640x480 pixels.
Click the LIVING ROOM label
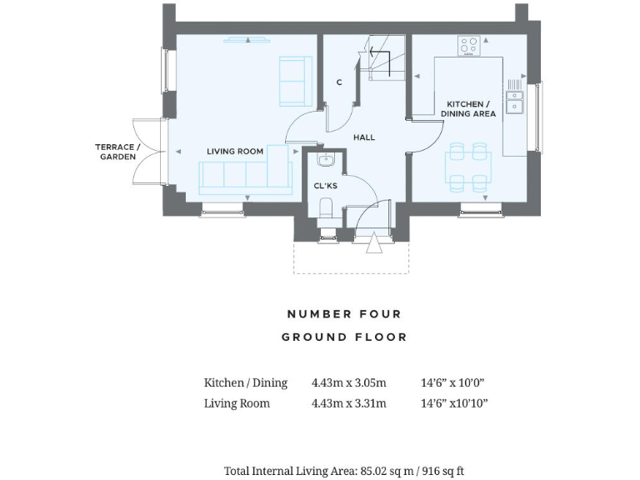(235, 152)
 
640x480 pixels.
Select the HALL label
(363, 137)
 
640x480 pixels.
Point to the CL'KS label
(325, 186)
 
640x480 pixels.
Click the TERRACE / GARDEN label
(117, 152)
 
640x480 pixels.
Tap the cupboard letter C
(338, 82)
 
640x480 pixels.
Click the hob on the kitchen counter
(468, 45)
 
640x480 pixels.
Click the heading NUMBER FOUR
(344, 314)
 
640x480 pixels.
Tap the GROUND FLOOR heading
(344, 337)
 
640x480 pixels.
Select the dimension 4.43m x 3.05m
(348, 383)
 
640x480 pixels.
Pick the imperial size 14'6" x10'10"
(454, 403)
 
